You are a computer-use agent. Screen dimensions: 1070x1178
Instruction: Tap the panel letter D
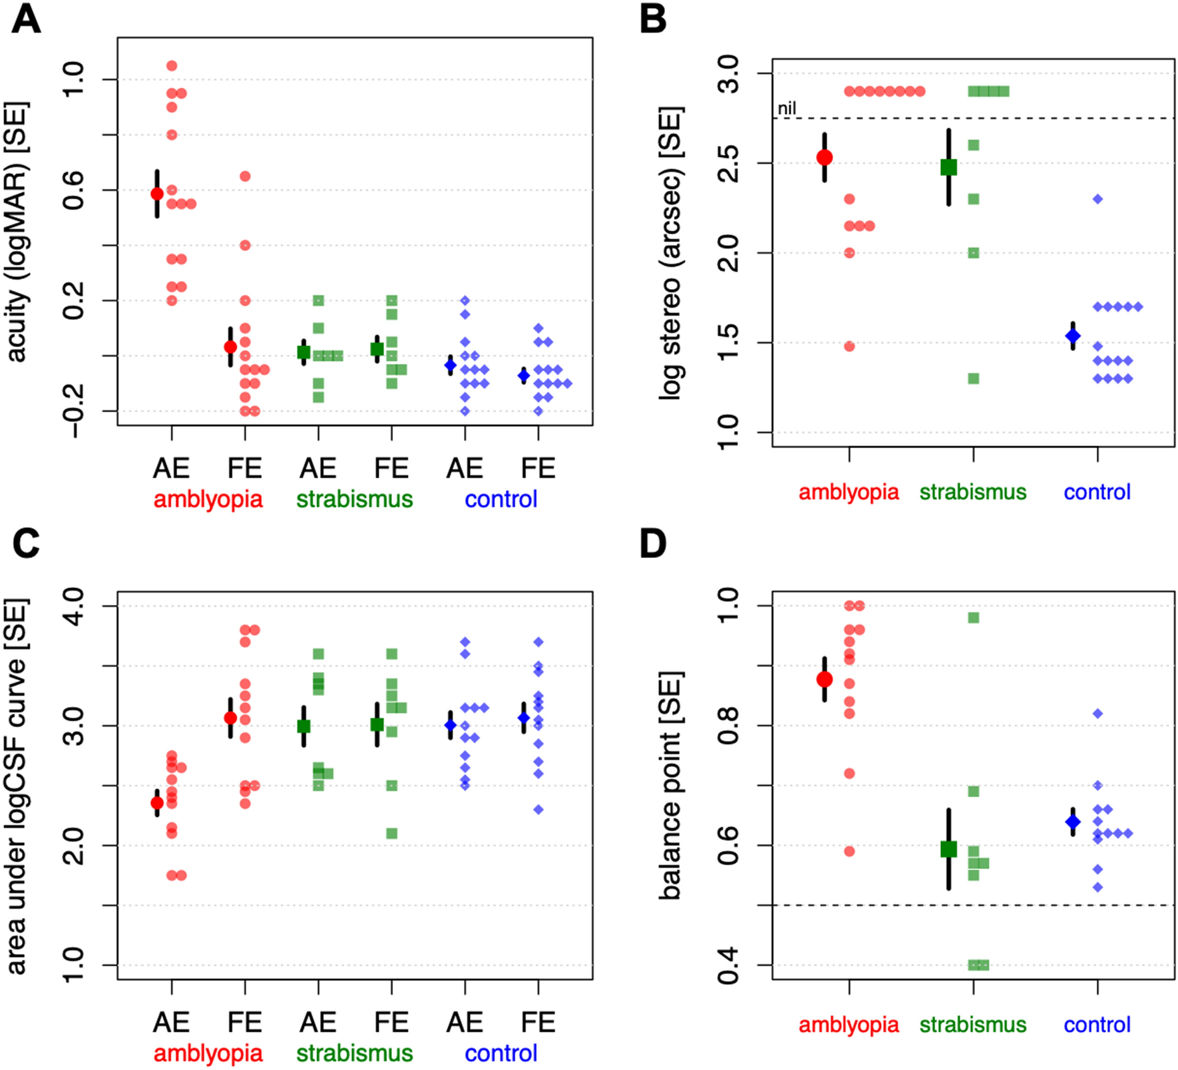click(x=653, y=544)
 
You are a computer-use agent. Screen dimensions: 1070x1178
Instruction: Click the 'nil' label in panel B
click(x=787, y=109)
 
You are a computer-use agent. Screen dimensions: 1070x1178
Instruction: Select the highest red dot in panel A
click(x=172, y=66)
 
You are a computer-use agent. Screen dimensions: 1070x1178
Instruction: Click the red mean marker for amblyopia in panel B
click(x=825, y=158)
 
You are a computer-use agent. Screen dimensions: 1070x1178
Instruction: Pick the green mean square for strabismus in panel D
click(x=948, y=849)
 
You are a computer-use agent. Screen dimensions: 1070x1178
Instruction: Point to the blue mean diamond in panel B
click(x=1073, y=336)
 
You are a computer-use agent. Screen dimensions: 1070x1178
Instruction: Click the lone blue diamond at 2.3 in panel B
click(x=1098, y=199)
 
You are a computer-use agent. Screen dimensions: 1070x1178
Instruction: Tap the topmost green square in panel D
click(x=974, y=618)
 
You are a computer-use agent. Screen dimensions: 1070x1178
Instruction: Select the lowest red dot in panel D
click(x=849, y=851)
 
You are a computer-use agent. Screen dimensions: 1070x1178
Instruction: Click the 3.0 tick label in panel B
click(x=730, y=74)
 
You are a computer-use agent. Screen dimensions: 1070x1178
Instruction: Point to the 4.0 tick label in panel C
click(x=74, y=606)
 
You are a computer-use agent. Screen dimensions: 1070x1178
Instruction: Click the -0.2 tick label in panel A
click(x=74, y=410)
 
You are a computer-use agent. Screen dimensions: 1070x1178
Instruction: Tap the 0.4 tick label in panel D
click(x=730, y=965)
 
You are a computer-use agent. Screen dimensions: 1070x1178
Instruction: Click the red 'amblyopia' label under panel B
click(x=849, y=492)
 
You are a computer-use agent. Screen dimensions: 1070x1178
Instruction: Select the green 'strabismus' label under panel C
click(x=354, y=1053)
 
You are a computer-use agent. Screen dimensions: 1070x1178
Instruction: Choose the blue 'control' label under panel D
click(x=1097, y=1024)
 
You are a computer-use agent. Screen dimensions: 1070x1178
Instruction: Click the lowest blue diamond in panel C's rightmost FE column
click(x=538, y=810)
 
